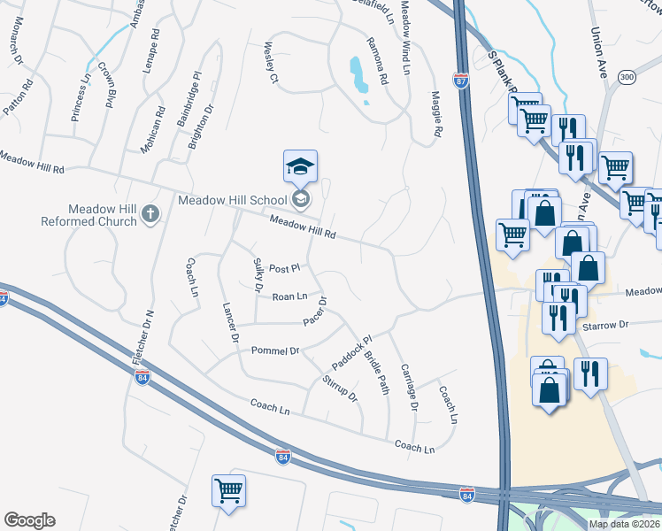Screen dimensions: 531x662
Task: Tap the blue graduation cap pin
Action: (x=300, y=165)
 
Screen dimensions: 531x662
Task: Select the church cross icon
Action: (x=150, y=213)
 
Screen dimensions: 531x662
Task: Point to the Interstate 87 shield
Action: (x=461, y=81)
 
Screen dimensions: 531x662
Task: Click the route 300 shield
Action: (x=627, y=78)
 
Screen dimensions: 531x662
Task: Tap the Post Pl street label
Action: (x=286, y=267)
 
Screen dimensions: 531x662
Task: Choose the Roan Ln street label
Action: (x=289, y=297)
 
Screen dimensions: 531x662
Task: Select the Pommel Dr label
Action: (x=275, y=351)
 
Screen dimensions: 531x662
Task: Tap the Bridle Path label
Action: (x=377, y=373)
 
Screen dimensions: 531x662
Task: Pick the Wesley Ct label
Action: (x=271, y=64)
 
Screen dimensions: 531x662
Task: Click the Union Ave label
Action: (x=596, y=54)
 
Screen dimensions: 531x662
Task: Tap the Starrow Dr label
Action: (x=604, y=326)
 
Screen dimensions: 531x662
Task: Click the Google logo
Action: (x=29, y=520)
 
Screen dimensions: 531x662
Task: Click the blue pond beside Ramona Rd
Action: (x=358, y=75)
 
